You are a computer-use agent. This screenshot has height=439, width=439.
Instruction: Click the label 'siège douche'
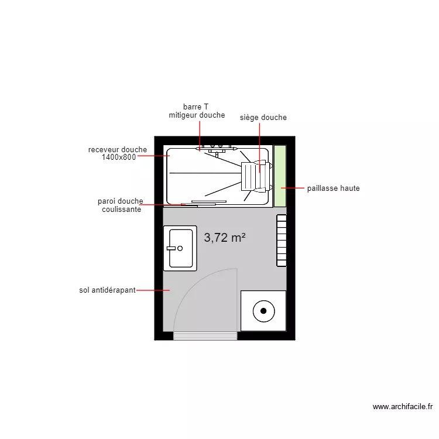(x=263, y=118)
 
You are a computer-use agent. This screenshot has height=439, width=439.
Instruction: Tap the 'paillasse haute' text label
(x=333, y=188)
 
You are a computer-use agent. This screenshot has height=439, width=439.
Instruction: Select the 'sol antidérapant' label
(x=107, y=290)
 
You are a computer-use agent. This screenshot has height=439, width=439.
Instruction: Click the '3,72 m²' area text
(x=224, y=238)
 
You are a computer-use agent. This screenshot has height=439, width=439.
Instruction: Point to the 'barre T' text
(x=196, y=107)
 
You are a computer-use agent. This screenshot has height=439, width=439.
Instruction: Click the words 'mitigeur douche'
(x=197, y=115)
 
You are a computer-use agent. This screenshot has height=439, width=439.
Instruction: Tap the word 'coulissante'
(x=121, y=209)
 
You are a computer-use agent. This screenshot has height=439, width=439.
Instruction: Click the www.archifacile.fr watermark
(x=402, y=406)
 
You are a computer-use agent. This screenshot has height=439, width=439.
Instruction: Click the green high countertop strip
(x=280, y=176)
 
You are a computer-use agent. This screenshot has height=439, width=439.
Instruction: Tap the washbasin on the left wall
(x=180, y=248)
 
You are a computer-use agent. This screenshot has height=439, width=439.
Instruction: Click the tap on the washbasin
(x=172, y=248)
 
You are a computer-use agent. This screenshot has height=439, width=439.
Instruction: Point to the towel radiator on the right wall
(x=282, y=240)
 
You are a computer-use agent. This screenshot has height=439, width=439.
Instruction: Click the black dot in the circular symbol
(x=263, y=310)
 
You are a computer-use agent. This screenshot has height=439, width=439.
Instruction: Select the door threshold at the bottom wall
(x=205, y=335)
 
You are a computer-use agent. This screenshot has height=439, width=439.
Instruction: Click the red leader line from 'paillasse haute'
(x=293, y=188)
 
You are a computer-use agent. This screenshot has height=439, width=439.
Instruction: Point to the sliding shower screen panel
(x=199, y=204)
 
